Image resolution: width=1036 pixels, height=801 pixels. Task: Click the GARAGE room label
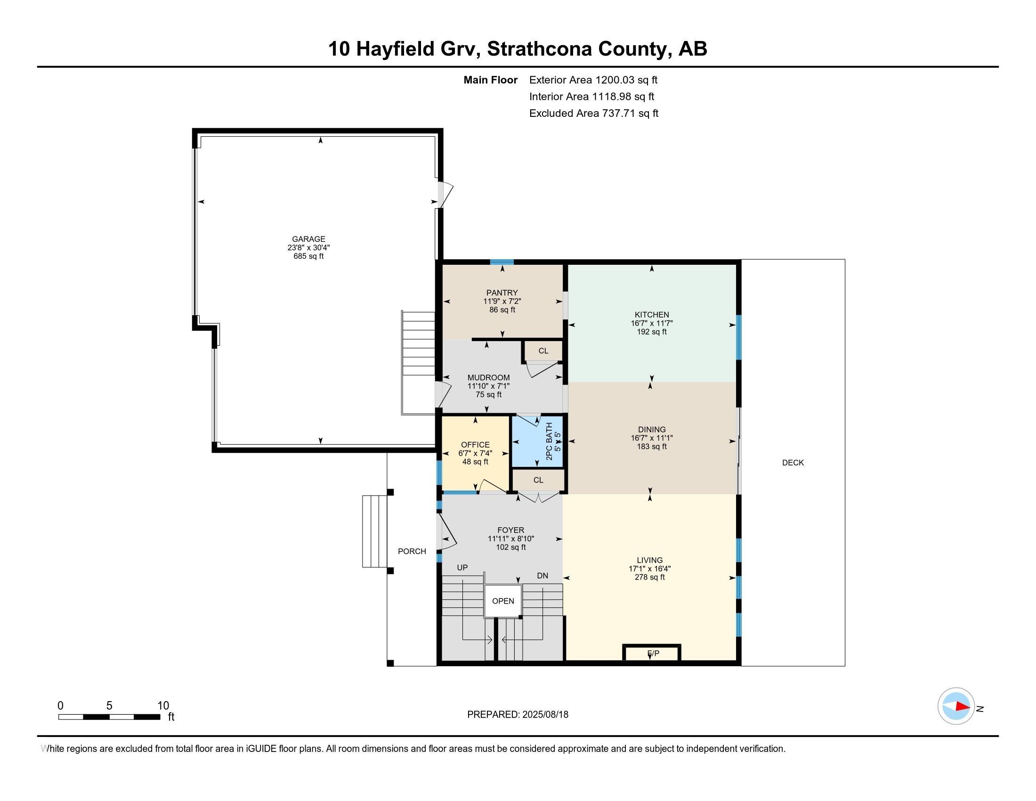click(x=308, y=239)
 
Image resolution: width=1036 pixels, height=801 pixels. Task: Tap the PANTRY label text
click(x=502, y=293)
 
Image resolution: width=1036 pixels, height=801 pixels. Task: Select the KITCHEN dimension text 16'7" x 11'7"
click(x=651, y=323)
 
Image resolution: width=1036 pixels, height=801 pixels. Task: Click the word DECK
click(x=793, y=463)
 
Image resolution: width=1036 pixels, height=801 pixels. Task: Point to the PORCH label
click(x=412, y=551)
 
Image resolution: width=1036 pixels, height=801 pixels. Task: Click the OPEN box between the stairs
click(x=503, y=601)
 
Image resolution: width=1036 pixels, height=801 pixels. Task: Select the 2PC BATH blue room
click(x=536, y=441)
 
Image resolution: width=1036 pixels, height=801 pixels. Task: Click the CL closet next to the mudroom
click(x=543, y=351)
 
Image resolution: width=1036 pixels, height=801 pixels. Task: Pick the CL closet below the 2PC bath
click(x=538, y=480)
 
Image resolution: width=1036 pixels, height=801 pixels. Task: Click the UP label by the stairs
click(x=462, y=568)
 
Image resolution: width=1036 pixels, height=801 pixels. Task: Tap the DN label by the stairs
click(x=542, y=576)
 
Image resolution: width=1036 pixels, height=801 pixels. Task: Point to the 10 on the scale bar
click(x=163, y=705)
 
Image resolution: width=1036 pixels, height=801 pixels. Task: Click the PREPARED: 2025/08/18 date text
click(x=518, y=715)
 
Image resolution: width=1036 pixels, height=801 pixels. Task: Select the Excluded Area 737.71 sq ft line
click(x=593, y=114)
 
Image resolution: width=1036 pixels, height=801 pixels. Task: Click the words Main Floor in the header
click(x=490, y=80)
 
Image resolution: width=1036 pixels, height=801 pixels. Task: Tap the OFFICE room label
click(x=475, y=445)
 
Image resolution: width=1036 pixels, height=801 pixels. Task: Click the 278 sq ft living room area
click(x=649, y=578)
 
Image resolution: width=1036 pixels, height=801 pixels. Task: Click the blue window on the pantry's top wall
click(x=502, y=262)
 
